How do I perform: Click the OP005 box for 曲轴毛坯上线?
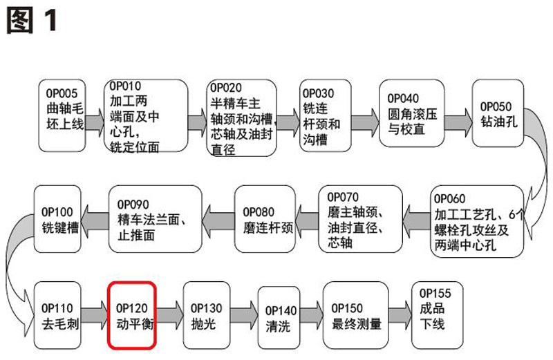click(63, 116)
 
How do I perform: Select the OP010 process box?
click(146, 116)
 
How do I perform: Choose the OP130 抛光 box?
click(207, 315)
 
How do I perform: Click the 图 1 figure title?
click(31, 21)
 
